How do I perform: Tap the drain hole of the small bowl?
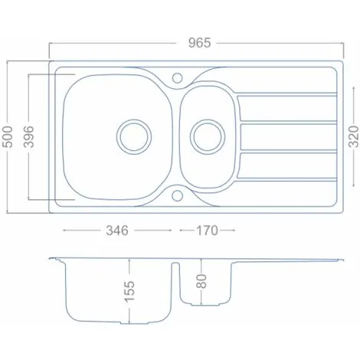[205, 136]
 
